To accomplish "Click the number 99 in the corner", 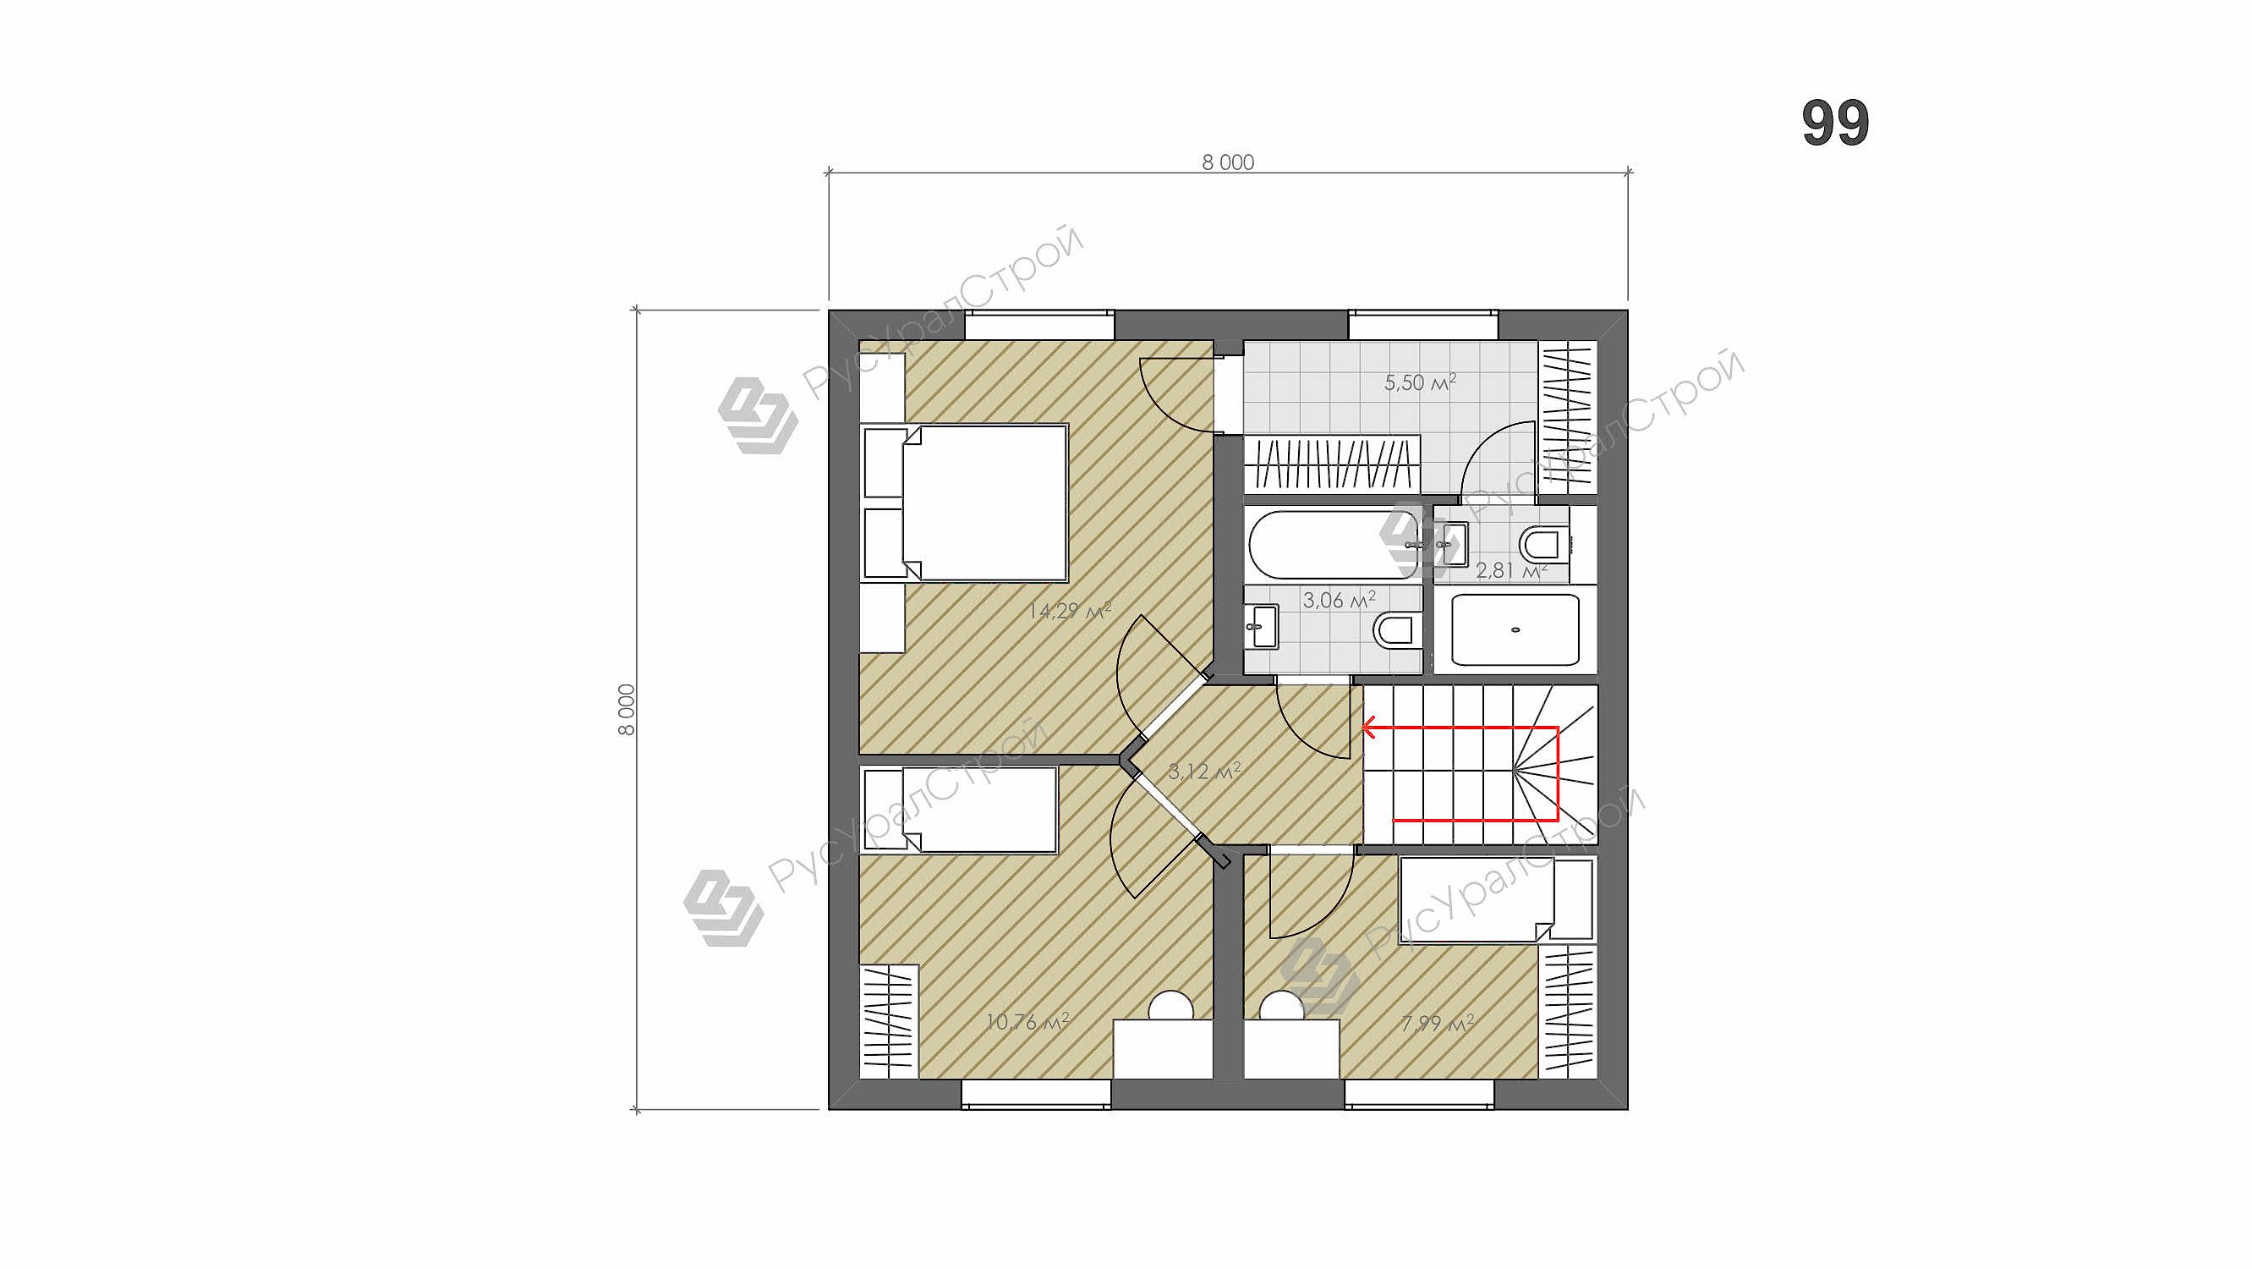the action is [1835, 124].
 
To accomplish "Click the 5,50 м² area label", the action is [1420, 382].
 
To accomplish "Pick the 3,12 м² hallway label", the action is [1204, 772].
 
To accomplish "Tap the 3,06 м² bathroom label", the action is [1339, 600].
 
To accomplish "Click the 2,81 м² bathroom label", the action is [1511, 571].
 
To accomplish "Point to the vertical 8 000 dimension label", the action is [627, 709].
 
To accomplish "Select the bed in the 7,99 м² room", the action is [1496, 900].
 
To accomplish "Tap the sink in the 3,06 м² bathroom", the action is [1262, 626].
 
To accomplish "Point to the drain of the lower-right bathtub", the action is [1515, 629].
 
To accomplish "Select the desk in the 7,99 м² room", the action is [1291, 1048].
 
